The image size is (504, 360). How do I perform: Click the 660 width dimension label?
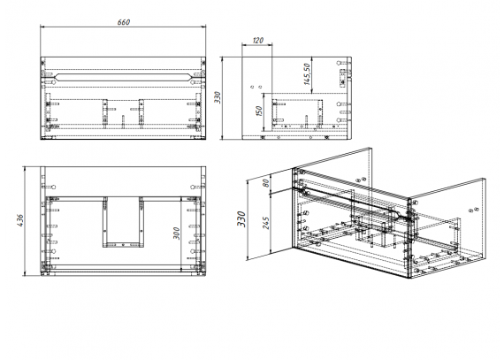tap(124, 22)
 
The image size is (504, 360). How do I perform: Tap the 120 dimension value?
tap(258, 41)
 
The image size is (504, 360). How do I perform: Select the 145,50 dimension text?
tap(307, 74)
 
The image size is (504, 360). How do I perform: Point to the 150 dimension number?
tap(259, 111)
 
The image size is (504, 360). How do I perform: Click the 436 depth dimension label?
tap(20, 220)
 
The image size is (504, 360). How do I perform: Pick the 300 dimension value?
tap(177, 234)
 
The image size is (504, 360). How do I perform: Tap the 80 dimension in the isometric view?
tap(265, 183)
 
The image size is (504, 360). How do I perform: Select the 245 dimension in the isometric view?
tap(266, 223)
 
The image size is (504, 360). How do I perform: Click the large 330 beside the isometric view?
tap(241, 218)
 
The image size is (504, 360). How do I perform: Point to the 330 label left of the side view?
tap(218, 97)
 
